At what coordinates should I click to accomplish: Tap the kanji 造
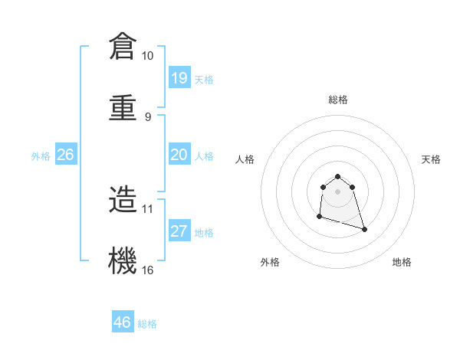point(123,199)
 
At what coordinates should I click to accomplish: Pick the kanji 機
point(123,260)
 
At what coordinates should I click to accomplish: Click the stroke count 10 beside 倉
point(148,56)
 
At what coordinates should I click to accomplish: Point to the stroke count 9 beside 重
point(148,116)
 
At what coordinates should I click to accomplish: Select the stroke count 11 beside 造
point(148,208)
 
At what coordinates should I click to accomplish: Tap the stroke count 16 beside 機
point(148,270)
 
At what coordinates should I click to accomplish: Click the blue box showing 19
point(179,78)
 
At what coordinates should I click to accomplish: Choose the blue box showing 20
point(179,155)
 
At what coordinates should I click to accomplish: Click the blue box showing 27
point(179,231)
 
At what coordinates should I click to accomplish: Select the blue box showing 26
point(65,155)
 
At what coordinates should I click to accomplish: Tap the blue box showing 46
point(122,322)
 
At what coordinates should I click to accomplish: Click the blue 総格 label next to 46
point(147,324)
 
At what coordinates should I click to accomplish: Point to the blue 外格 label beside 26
point(41,155)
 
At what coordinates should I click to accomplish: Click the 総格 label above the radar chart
point(337,100)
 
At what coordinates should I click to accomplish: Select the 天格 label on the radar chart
point(431,159)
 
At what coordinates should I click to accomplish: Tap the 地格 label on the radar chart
point(402,262)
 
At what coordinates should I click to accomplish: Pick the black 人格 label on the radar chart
point(245,159)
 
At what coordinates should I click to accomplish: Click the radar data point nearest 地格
point(364,229)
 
